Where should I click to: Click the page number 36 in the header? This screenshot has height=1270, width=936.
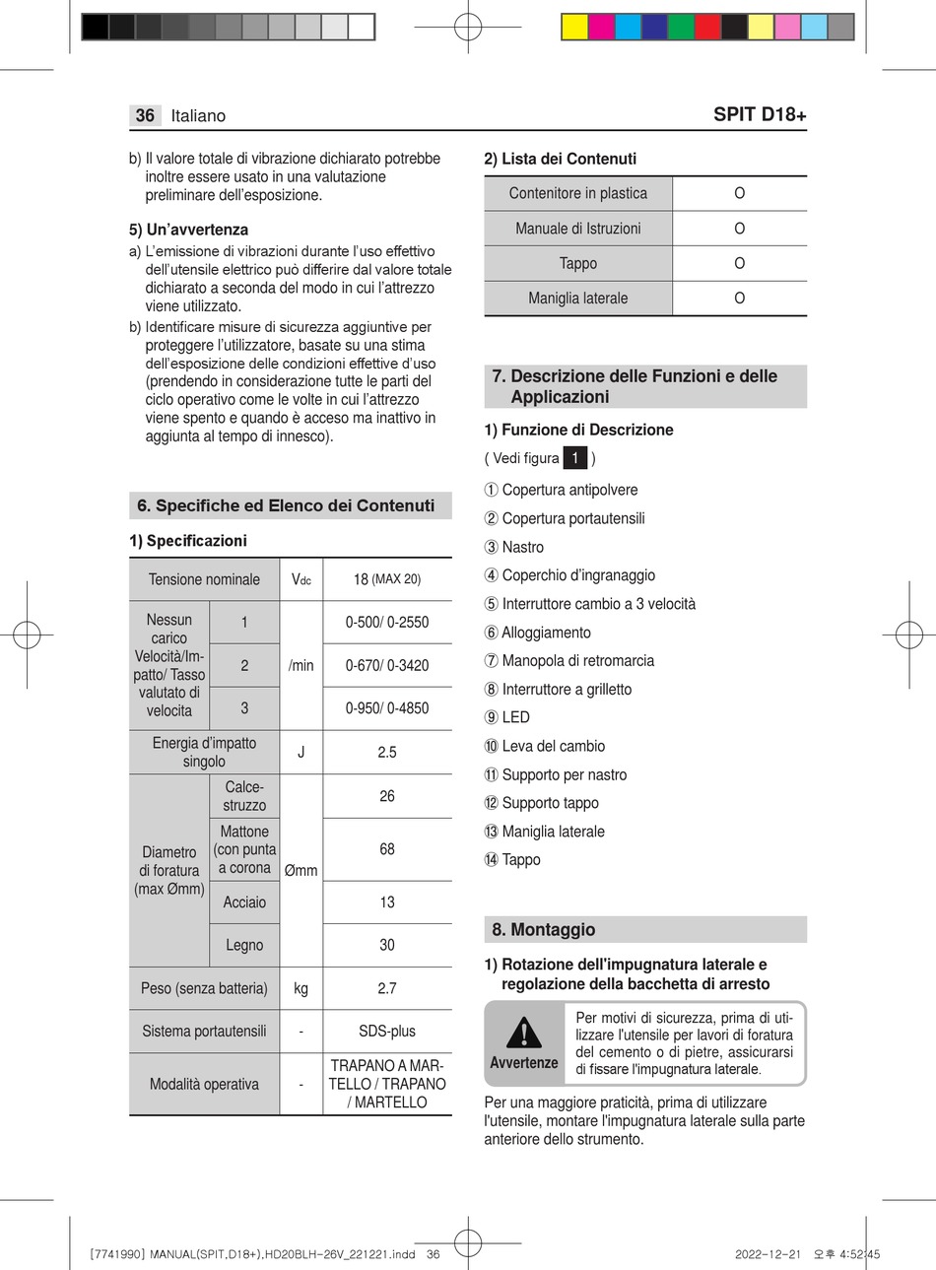[145, 115]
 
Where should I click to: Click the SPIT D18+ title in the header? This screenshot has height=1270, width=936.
[759, 114]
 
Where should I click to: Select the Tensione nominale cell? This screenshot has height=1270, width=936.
[204, 579]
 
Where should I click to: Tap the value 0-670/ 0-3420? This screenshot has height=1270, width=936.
[387, 665]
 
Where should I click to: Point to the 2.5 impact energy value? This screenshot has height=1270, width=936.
[387, 752]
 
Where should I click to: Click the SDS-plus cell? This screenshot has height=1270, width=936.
[387, 1031]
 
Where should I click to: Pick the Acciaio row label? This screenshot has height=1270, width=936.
[244, 902]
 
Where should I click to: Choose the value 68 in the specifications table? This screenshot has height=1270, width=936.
[387, 848]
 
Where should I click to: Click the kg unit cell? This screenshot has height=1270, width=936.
[301, 988]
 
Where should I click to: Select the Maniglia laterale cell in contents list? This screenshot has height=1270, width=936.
[577, 298]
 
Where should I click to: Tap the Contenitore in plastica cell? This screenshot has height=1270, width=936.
[577, 193]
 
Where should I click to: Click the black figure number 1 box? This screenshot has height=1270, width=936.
[575, 458]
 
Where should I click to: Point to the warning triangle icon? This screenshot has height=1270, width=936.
[524, 1032]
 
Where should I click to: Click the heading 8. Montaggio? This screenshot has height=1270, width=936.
[543, 929]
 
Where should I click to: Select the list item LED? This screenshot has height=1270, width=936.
[515, 717]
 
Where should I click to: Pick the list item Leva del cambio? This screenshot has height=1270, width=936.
[553, 746]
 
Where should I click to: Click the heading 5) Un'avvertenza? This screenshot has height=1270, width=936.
[188, 230]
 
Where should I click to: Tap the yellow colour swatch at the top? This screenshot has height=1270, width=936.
[573, 27]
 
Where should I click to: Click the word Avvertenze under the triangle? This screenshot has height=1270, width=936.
[524, 1062]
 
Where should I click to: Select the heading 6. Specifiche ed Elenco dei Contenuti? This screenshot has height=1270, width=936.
[286, 505]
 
